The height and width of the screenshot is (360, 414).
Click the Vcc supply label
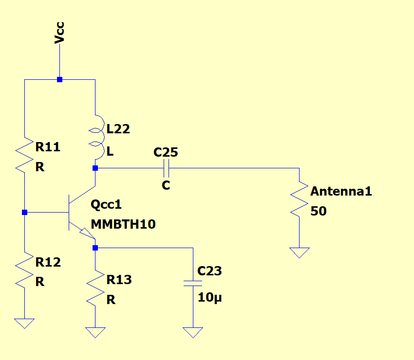[x=59, y=33]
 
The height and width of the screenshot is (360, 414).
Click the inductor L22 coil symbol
[x=97, y=138]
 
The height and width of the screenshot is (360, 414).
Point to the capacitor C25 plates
[x=166, y=168]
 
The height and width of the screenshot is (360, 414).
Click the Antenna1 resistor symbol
[x=299, y=200]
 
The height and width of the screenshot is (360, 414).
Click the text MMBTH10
[x=123, y=224]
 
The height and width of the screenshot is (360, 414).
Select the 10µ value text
[x=210, y=298]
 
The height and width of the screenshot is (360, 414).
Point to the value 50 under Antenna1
[x=319, y=212]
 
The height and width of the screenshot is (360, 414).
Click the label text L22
[x=118, y=129]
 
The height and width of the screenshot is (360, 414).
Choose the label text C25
[x=166, y=152]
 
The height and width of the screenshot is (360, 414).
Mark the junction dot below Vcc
[x=59, y=79]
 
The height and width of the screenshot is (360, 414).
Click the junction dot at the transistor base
[x=24, y=213]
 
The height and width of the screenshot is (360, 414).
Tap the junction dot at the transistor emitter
[x=95, y=248]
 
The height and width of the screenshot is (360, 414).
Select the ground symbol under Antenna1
[x=299, y=252]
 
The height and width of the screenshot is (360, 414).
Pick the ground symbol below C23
[x=193, y=332]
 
